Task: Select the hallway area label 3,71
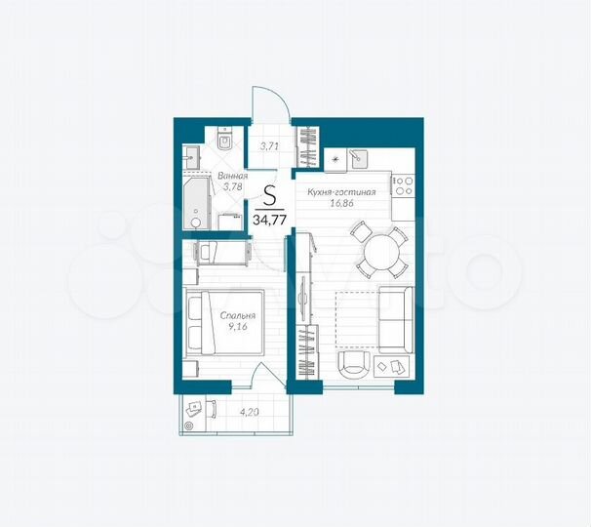[x=267, y=147]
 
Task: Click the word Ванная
[x=232, y=176]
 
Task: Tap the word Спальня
[x=239, y=316]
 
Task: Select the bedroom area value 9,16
[x=239, y=328]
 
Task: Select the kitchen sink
[x=359, y=157]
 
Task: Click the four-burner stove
[x=403, y=182]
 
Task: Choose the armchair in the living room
[x=354, y=366]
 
